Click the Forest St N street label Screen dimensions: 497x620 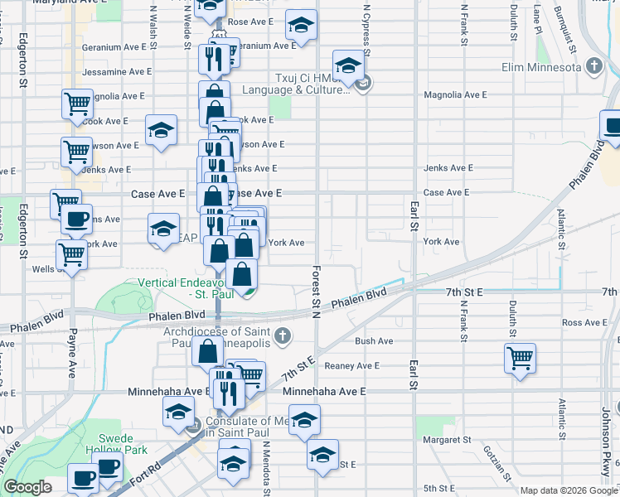tap(316, 290)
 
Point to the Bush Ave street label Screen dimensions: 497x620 tap(374, 340)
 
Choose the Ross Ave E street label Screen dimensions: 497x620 tap(586, 322)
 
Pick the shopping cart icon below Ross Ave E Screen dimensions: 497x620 tap(520, 360)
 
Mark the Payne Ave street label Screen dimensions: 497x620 tap(73, 353)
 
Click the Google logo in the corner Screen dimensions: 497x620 tap(28, 487)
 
